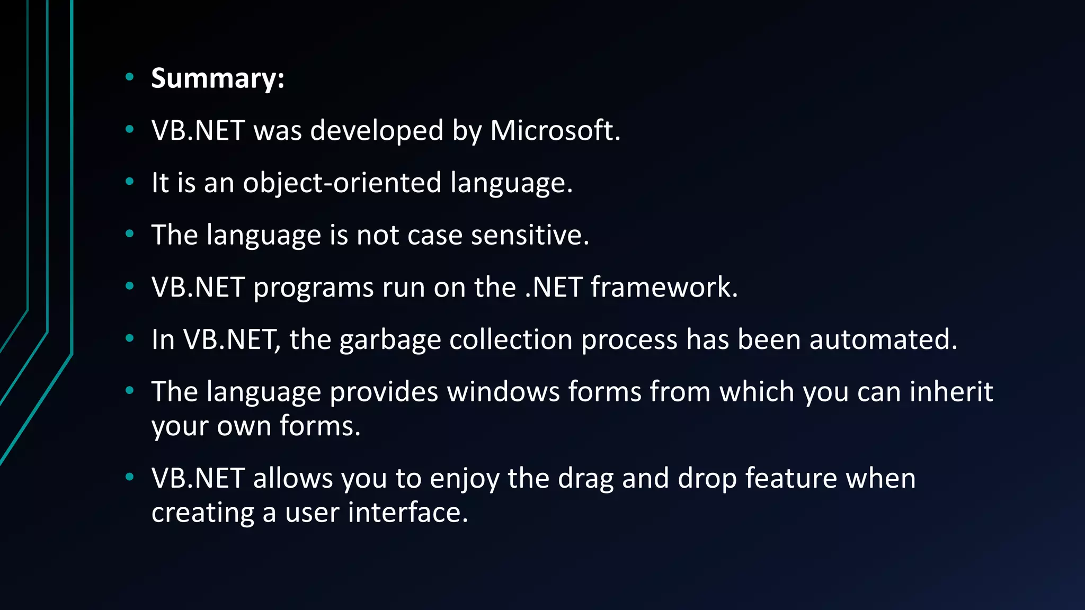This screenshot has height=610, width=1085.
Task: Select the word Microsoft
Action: click(x=555, y=130)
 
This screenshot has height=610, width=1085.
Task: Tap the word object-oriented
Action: click(x=342, y=183)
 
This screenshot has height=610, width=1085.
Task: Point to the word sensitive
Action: click(x=530, y=235)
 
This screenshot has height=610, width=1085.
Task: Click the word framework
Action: click(x=664, y=287)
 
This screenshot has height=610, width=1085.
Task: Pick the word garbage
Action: click(x=390, y=339)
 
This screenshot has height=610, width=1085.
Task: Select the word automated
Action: click(x=883, y=339)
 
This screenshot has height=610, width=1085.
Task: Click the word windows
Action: click(x=503, y=392)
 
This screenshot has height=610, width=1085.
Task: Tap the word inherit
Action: click(x=951, y=392)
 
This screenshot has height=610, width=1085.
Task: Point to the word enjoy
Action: click(x=464, y=479)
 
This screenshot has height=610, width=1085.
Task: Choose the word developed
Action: click(x=377, y=130)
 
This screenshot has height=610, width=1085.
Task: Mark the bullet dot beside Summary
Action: click(x=130, y=77)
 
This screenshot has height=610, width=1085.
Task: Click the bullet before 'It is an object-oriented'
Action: click(x=130, y=182)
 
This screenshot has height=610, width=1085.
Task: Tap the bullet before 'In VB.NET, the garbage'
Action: click(x=130, y=338)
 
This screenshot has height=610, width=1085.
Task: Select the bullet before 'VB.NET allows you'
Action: click(x=130, y=477)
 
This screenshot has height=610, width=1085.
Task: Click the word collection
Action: click(x=511, y=339)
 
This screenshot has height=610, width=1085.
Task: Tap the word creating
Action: click(x=203, y=513)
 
